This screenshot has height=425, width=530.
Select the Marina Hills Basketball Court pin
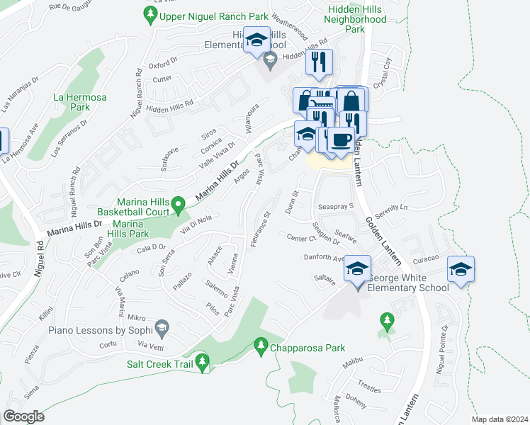pyautogui.click(x=179, y=207)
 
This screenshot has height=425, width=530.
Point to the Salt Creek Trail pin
pyautogui.click(x=203, y=363)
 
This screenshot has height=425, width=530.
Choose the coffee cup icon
pyautogui.click(x=342, y=140)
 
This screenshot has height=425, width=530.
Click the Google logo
pyautogui.click(x=24, y=416)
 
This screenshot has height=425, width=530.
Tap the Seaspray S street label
pyautogui.click(x=335, y=206)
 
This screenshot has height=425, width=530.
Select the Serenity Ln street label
pyautogui.click(x=393, y=210)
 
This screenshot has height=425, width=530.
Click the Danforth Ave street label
pyautogui.click(x=324, y=259)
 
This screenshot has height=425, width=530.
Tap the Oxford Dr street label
pyautogui.click(x=162, y=64)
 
